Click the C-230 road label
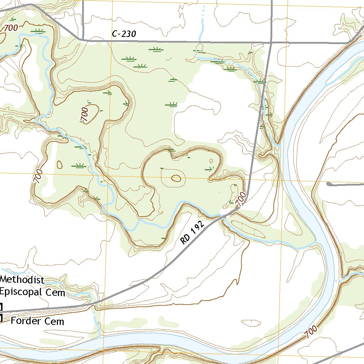pyautogui.click(x=124, y=34)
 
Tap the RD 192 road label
pyautogui.click(x=192, y=233)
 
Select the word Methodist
pyautogui.click(x=22, y=280)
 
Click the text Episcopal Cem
pyautogui.click(x=33, y=292)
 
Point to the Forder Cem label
pyautogui.click(x=37, y=321)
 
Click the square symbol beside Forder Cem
pyautogui.click(x=1, y=318)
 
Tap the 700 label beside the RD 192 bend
pyautogui.click(x=241, y=199)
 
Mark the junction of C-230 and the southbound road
pyautogui.click(x=271, y=42)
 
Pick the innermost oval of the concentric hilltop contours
pyautogui.click(x=176, y=178)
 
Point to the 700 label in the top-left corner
pyautogui.click(x=11, y=28)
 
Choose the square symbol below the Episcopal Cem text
pyautogui.click(x=1, y=306)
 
